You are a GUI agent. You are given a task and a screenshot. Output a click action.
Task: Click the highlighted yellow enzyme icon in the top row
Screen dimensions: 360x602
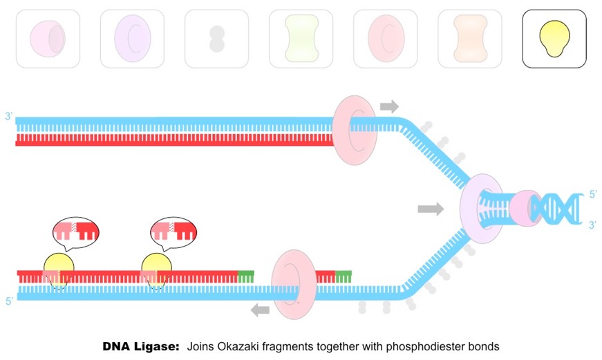click(x=554, y=39)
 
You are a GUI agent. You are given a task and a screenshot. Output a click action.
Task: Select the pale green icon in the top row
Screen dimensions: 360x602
click(x=301, y=39)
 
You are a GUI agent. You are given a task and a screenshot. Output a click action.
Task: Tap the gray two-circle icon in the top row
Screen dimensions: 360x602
click(x=217, y=39)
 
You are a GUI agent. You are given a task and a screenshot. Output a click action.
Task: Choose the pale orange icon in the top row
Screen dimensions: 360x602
click(x=469, y=39)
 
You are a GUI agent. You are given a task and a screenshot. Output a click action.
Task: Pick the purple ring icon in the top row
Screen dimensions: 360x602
click(x=132, y=39)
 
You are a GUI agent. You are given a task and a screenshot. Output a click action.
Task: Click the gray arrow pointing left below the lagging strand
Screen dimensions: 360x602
click(x=260, y=310)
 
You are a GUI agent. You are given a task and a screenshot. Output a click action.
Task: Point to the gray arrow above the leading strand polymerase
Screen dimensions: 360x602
click(x=389, y=106)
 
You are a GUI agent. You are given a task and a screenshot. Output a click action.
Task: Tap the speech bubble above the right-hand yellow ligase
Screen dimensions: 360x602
click(x=172, y=232)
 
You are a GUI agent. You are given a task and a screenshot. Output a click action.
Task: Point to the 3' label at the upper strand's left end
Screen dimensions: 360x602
click(x=8, y=117)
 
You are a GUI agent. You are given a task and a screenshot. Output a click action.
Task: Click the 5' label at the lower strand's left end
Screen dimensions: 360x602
click(x=9, y=301)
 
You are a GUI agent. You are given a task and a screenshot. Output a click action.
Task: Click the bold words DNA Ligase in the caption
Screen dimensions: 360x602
click(x=140, y=345)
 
